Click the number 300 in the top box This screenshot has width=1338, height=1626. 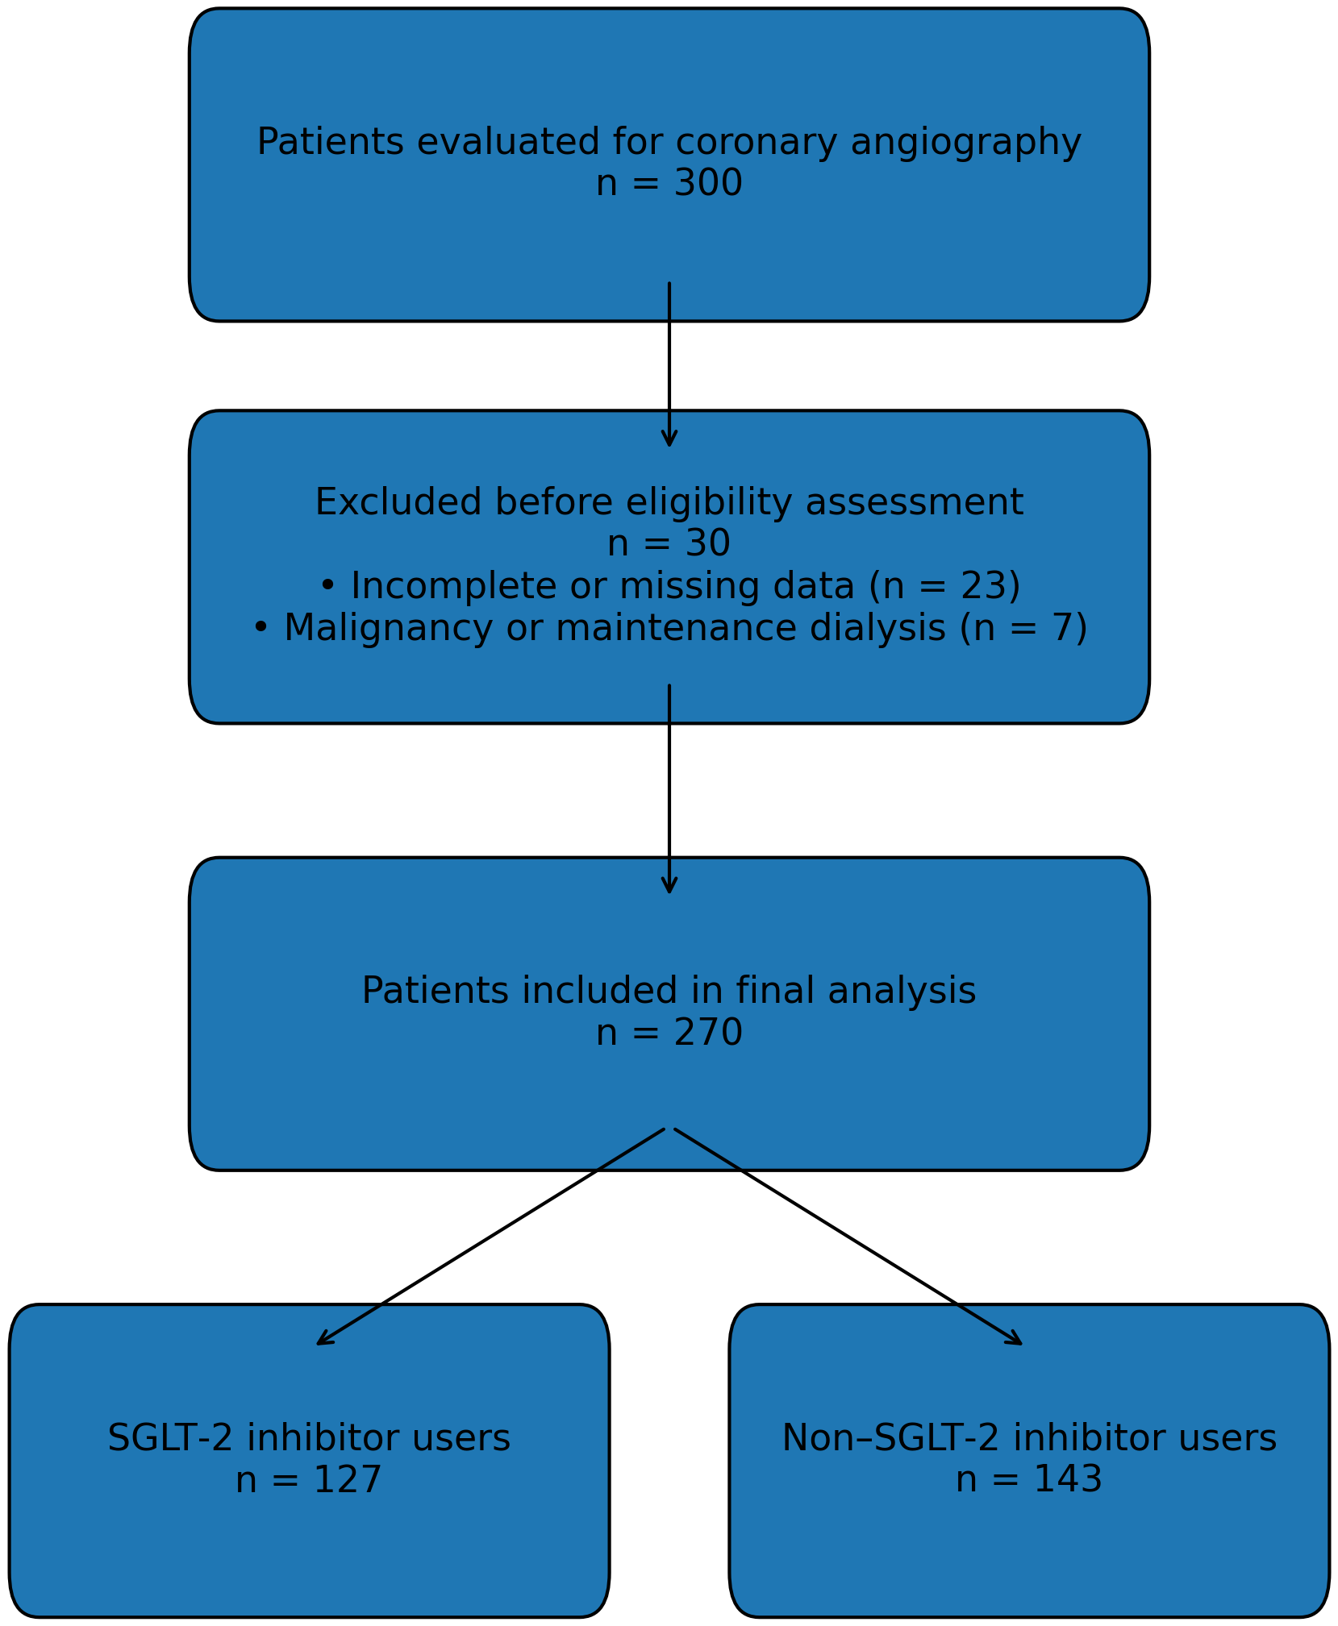click(x=708, y=185)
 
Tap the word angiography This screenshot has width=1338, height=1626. click(x=965, y=144)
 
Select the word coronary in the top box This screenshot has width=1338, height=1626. click(x=756, y=144)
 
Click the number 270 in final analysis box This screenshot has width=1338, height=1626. click(x=708, y=1033)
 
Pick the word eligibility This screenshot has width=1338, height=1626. click(x=708, y=503)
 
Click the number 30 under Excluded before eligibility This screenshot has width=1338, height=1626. click(x=708, y=545)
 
